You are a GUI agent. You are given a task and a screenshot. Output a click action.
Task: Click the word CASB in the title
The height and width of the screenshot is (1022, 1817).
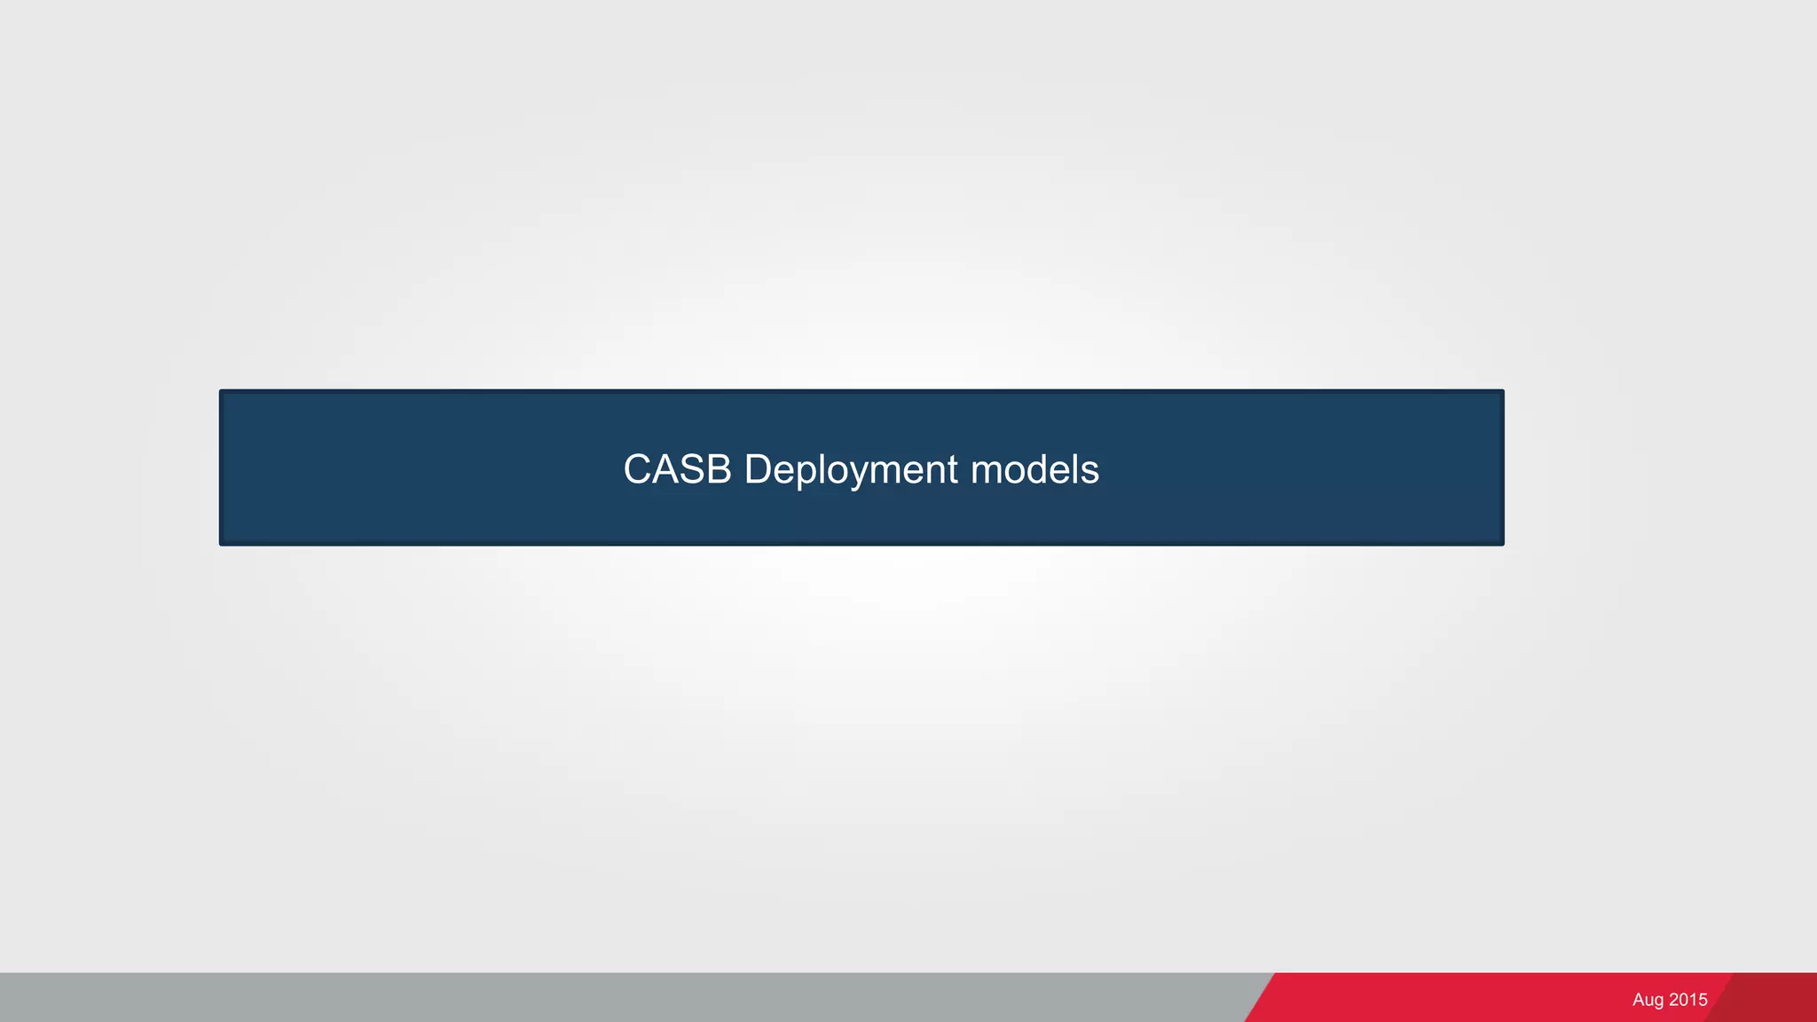[677, 469]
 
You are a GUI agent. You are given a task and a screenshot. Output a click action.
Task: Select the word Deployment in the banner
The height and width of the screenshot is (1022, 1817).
[851, 469]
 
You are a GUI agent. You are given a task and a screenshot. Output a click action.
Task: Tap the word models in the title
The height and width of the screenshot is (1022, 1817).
[1034, 469]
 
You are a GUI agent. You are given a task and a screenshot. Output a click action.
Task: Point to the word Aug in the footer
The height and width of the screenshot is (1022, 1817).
[1648, 1000]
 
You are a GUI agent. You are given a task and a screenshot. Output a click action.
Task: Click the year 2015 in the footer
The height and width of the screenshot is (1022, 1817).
[1688, 1000]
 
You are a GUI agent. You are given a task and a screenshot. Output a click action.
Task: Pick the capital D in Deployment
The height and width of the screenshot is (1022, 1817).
[759, 469]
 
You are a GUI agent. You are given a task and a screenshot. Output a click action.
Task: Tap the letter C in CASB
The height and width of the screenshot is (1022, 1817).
[638, 469]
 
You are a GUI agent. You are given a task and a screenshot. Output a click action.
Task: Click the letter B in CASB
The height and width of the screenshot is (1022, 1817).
[719, 469]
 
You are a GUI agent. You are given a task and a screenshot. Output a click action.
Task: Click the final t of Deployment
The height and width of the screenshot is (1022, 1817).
[953, 469]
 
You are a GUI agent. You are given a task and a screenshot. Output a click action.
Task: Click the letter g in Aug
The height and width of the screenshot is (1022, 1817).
[1658, 1002]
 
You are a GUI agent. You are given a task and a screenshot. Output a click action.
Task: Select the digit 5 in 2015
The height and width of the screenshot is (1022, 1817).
[1703, 1000]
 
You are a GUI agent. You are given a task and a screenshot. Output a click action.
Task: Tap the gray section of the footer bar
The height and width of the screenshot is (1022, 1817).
[621, 997]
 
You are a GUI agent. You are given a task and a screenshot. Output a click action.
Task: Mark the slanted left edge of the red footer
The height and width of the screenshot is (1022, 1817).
[1260, 997]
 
